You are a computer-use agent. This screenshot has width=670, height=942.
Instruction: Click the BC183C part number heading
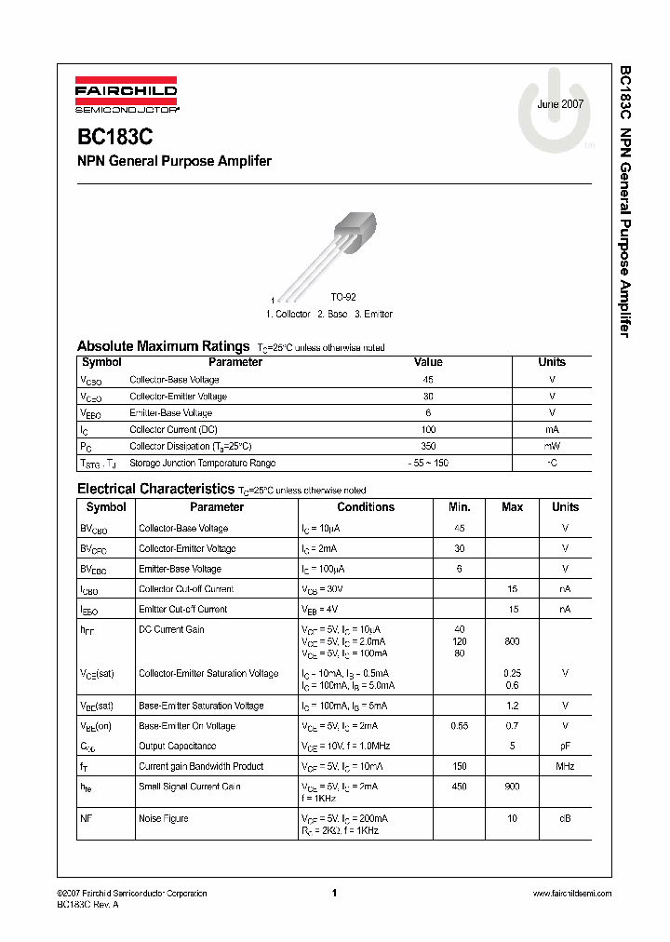pyautogui.click(x=115, y=136)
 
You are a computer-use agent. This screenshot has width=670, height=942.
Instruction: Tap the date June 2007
pyautogui.click(x=560, y=104)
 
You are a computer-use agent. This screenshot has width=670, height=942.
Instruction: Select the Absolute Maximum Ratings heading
pyautogui.click(x=163, y=345)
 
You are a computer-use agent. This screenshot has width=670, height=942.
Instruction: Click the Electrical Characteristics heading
pyautogui.click(x=154, y=489)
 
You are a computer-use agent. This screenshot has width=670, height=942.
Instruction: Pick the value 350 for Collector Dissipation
pyautogui.click(x=427, y=446)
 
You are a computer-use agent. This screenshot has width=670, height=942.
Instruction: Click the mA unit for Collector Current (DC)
pyautogui.click(x=552, y=429)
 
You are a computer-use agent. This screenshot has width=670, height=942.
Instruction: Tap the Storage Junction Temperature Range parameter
pyautogui.click(x=202, y=463)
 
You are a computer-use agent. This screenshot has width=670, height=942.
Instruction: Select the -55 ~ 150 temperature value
pyautogui.click(x=427, y=463)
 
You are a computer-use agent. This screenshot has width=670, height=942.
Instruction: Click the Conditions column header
pyautogui.click(x=366, y=507)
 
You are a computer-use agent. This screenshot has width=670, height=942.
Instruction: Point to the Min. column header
pyautogui.click(x=460, y=507)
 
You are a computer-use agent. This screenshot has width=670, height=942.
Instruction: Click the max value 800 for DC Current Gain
pyautogui.click(x=512, y=641)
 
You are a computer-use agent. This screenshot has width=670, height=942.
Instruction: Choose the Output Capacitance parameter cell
pyautogui.click(x=177, y=746)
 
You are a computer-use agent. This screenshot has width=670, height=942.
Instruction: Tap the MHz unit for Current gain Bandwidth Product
pyautogui.click(x=565, y=766)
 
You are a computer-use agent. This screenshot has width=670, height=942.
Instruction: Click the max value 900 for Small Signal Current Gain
pyautogui.click(x=512, y=787)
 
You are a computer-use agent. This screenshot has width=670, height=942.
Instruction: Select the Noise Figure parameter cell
pyautogui.click(x=163, y=818)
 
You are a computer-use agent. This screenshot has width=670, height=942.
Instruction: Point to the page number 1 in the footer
pyautogui.click(x=333, y=893)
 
